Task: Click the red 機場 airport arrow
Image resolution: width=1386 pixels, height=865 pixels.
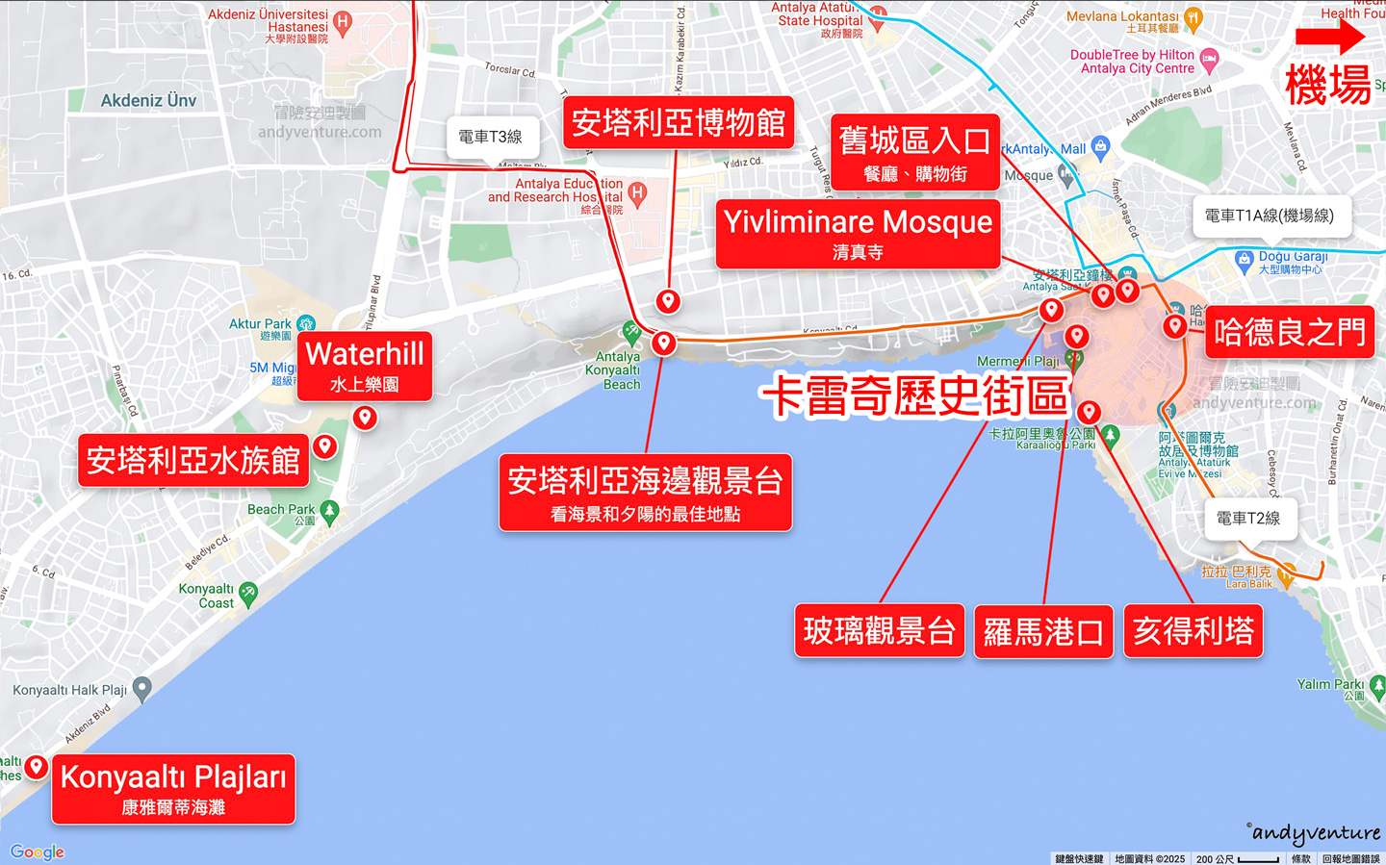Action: pyautogui.click(x=1329, y=38)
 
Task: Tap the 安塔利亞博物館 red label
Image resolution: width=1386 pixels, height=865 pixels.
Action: pyautogui.click(x=678, y=123)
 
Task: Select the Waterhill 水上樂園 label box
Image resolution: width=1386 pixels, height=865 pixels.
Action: pyautogui.click(x=365, y=366)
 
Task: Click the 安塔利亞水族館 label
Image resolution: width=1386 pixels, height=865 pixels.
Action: pyautogui.click(x=193, y=461)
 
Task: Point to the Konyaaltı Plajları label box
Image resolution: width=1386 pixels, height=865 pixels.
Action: pyautogui.click(x=173, y=789)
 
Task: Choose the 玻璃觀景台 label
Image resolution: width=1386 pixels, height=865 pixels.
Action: pyautogui.click(x=879, y=631)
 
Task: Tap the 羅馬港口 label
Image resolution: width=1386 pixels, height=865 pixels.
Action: pyautogui.click(x=1043, y=632)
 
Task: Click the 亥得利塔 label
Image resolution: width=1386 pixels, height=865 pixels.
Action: pyautogui.click(x=1193, y=631)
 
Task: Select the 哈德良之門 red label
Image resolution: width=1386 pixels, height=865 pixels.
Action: pyautogui.click(x=1290, y=333)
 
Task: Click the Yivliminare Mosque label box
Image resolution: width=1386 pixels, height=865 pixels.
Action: pyautogui.click(x=858, y=234)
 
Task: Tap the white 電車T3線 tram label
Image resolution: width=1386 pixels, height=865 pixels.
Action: pyautogui.click(x=491, y=138)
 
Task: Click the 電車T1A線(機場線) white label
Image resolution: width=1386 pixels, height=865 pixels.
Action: pyautogui.click(x=1270, y=216)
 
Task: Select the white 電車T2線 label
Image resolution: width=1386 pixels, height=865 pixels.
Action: pyautogui.click(x=1248, y=519)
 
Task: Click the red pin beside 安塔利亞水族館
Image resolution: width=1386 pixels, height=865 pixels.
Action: pyautogui.click(x=325, y=445)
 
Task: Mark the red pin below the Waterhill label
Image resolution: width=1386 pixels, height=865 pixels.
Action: pyautogui.click(x=365, y=418)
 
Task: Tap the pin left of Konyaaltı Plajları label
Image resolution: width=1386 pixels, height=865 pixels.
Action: pyautogui.click(x=37, y=767)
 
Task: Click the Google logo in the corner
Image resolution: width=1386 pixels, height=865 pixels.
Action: pyautogui.click(x=38, y=852)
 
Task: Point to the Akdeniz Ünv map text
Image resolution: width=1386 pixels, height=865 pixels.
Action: pyautogui.click(x=148, y=100)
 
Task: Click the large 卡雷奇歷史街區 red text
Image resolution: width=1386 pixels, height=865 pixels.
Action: pyautogui.click(x=915, y=395)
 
